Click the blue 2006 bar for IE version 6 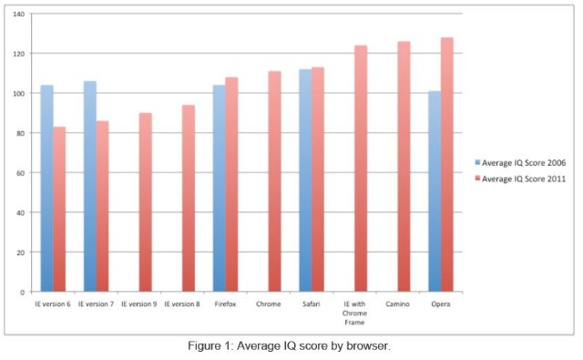pyautogui.click(x=46, y=188)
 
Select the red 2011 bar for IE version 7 pyautogui.click(x=102, y=206)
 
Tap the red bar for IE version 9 pyautogui.click(x=146, y=202)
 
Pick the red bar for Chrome pyautogui.click(x=275, y=181)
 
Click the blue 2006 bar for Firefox pyautogui.click(x=220, y=188)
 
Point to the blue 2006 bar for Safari pyautogui.click(x=306, y=180)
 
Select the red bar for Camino pyautogui.click(x=404, y=166)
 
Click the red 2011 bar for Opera pyautogui.click(x=447, y=164)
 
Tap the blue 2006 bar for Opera pyautogui.click(x=435, y=191)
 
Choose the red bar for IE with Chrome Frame pyautogui.click(x=361, y=169)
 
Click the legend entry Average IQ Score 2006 pyautogui.click(x=520, y=162)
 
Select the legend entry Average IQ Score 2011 pyautogui.click(x=520, y=179)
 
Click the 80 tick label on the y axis pyautogui.click(x=20, y=133)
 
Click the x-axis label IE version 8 pyautogui.click(x=182, y=303)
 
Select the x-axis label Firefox pyautogui.click(x=225, y=303)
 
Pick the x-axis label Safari pyautogui.click(x=312, y=303)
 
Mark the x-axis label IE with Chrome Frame pyautogui.click(x=354, y=314)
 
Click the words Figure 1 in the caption pyautogui.click(x=210, y=345)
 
